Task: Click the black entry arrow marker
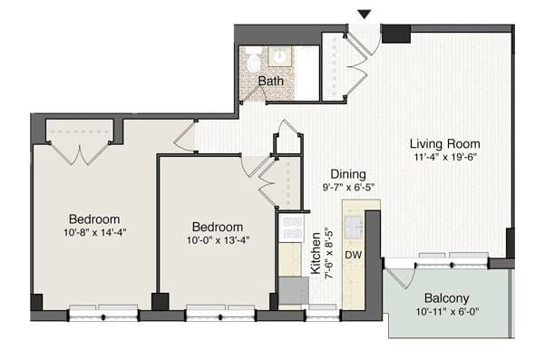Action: (x=365, y=14)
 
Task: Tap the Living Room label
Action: (x=444, y=143)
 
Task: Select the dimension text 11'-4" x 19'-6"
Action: (x=444, y=158)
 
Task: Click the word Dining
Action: (x=347, y=174)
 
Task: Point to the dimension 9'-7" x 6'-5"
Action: (x=347, y=188)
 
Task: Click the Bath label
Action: (x=270, y=82)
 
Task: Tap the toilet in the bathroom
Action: (x=252, y=62)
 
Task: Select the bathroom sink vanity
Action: (x=280, y=57)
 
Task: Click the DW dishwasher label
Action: (x=354, y=255)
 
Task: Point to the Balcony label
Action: (x=446, y=298)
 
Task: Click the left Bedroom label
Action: (x=94, y=219)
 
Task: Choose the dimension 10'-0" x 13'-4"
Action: (x=218, y=240)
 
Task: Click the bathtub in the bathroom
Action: (x=308, y=73)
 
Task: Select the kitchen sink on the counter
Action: (x=354, y=224)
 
